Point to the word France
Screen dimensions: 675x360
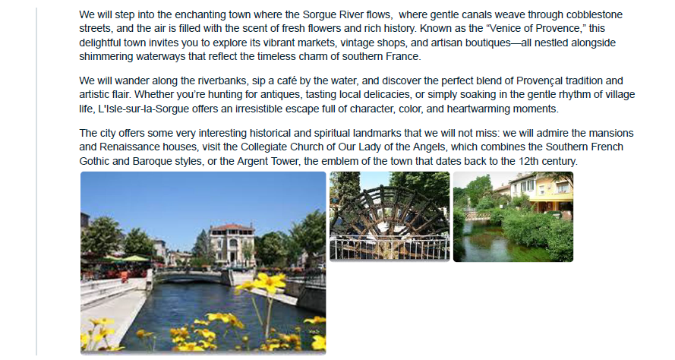(405, 56)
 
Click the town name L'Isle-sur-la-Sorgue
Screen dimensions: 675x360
(144, 109)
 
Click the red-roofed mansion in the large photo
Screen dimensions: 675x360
(231, 243)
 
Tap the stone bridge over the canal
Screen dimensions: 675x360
(191, 276)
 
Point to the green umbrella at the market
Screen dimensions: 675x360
(135, 258)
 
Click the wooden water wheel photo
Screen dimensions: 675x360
(390, 216)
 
